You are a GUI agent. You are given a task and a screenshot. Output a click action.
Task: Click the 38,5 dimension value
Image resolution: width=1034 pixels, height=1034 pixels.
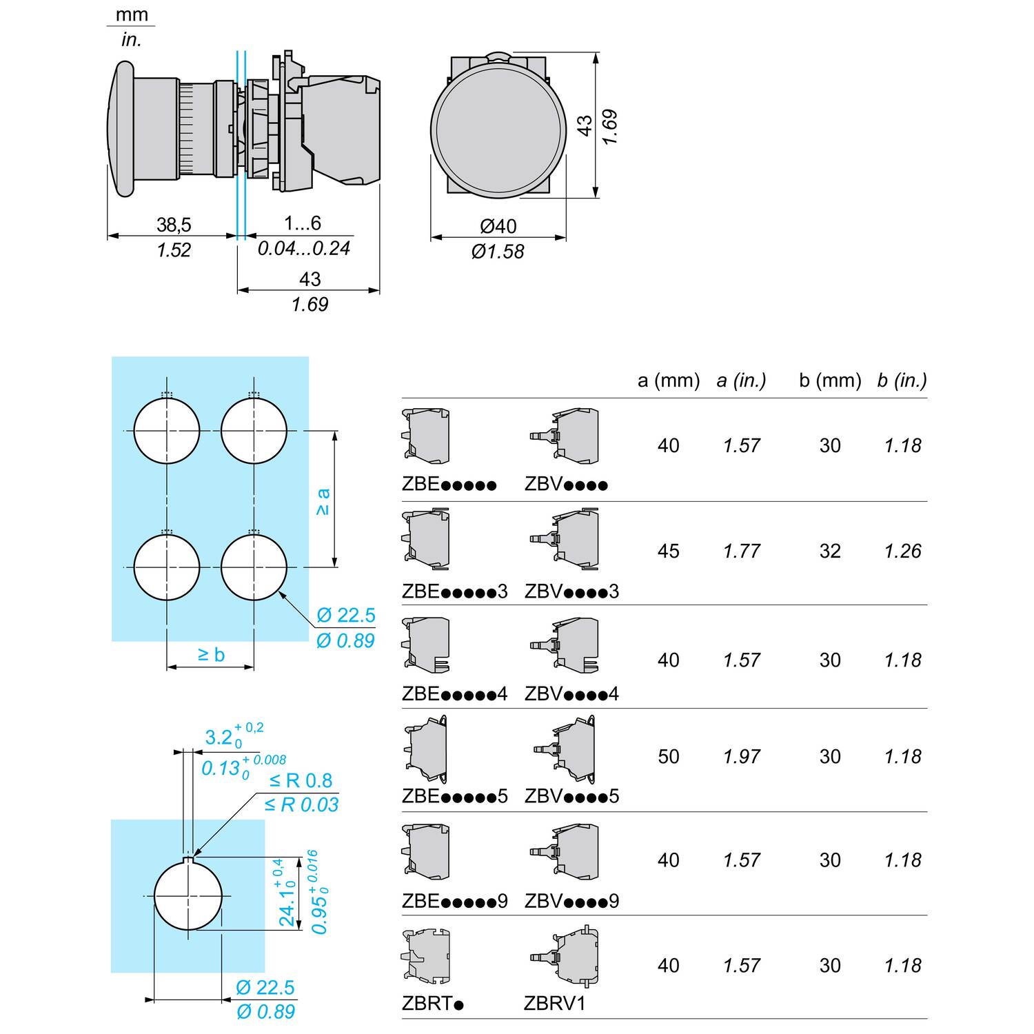[x=174, y=225]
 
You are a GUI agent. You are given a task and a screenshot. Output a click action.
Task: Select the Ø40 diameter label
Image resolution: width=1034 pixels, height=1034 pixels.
[x=498, y=226]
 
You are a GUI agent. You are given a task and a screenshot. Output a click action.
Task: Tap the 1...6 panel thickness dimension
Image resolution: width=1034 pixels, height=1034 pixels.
[x=303, y=223]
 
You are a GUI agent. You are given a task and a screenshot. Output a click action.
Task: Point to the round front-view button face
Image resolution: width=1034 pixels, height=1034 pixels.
[x=499, y=128]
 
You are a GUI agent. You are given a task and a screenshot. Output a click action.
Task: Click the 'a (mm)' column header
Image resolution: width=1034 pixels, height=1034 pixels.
[x=668, y=381]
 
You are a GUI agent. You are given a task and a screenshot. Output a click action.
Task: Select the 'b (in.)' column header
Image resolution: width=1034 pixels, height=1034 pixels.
[x=902, y=381]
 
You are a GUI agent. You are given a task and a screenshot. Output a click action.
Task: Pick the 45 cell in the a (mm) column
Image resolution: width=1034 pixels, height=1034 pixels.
[x=668, y=551]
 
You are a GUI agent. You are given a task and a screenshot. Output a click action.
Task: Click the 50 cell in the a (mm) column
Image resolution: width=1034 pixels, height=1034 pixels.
[x=668, y=756]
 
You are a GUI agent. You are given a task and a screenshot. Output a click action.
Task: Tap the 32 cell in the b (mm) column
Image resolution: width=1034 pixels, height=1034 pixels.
[x=830, y=551]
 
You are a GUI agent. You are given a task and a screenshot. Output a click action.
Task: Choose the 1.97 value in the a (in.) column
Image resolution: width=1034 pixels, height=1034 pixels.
[x=742, y=756]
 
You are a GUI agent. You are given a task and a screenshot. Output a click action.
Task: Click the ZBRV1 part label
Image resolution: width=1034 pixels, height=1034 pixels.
[x=554, y=1003]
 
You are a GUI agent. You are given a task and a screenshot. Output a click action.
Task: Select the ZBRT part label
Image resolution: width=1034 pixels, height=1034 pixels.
[x=432, y=1003]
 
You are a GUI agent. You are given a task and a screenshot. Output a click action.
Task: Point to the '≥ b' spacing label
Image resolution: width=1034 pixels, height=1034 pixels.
[x=211, y=654]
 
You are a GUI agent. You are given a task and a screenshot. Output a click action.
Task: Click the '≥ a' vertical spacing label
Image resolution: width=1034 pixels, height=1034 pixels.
[x=323, y=501]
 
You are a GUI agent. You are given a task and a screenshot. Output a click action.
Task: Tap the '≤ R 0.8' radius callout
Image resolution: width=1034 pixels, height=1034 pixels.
[x=301, y=780]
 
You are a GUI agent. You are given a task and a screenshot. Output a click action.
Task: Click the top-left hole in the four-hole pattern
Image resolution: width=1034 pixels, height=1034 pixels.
[x=167, y=431]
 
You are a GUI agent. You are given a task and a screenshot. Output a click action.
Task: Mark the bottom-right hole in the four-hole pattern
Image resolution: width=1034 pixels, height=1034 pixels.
[x=254, y=567]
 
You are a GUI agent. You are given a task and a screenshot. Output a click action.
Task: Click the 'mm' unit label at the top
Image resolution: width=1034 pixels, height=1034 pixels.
[x=131, y=14]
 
